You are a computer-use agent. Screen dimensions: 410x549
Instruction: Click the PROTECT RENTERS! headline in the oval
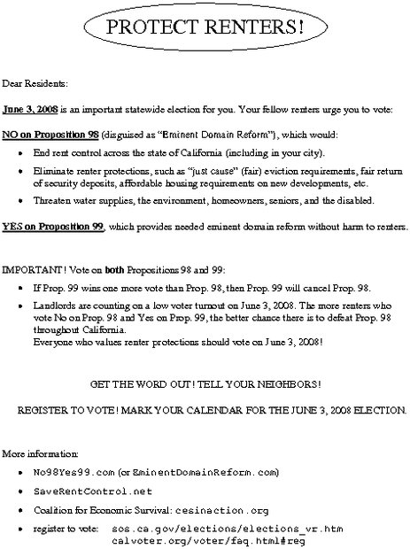[x=205, y=29]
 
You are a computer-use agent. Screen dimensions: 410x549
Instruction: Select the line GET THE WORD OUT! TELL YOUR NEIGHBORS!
[x=205, y=385]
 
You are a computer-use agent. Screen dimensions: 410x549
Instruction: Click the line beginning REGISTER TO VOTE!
[x=205, y=410]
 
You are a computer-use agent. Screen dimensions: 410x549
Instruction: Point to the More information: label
[x=34, y=452]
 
